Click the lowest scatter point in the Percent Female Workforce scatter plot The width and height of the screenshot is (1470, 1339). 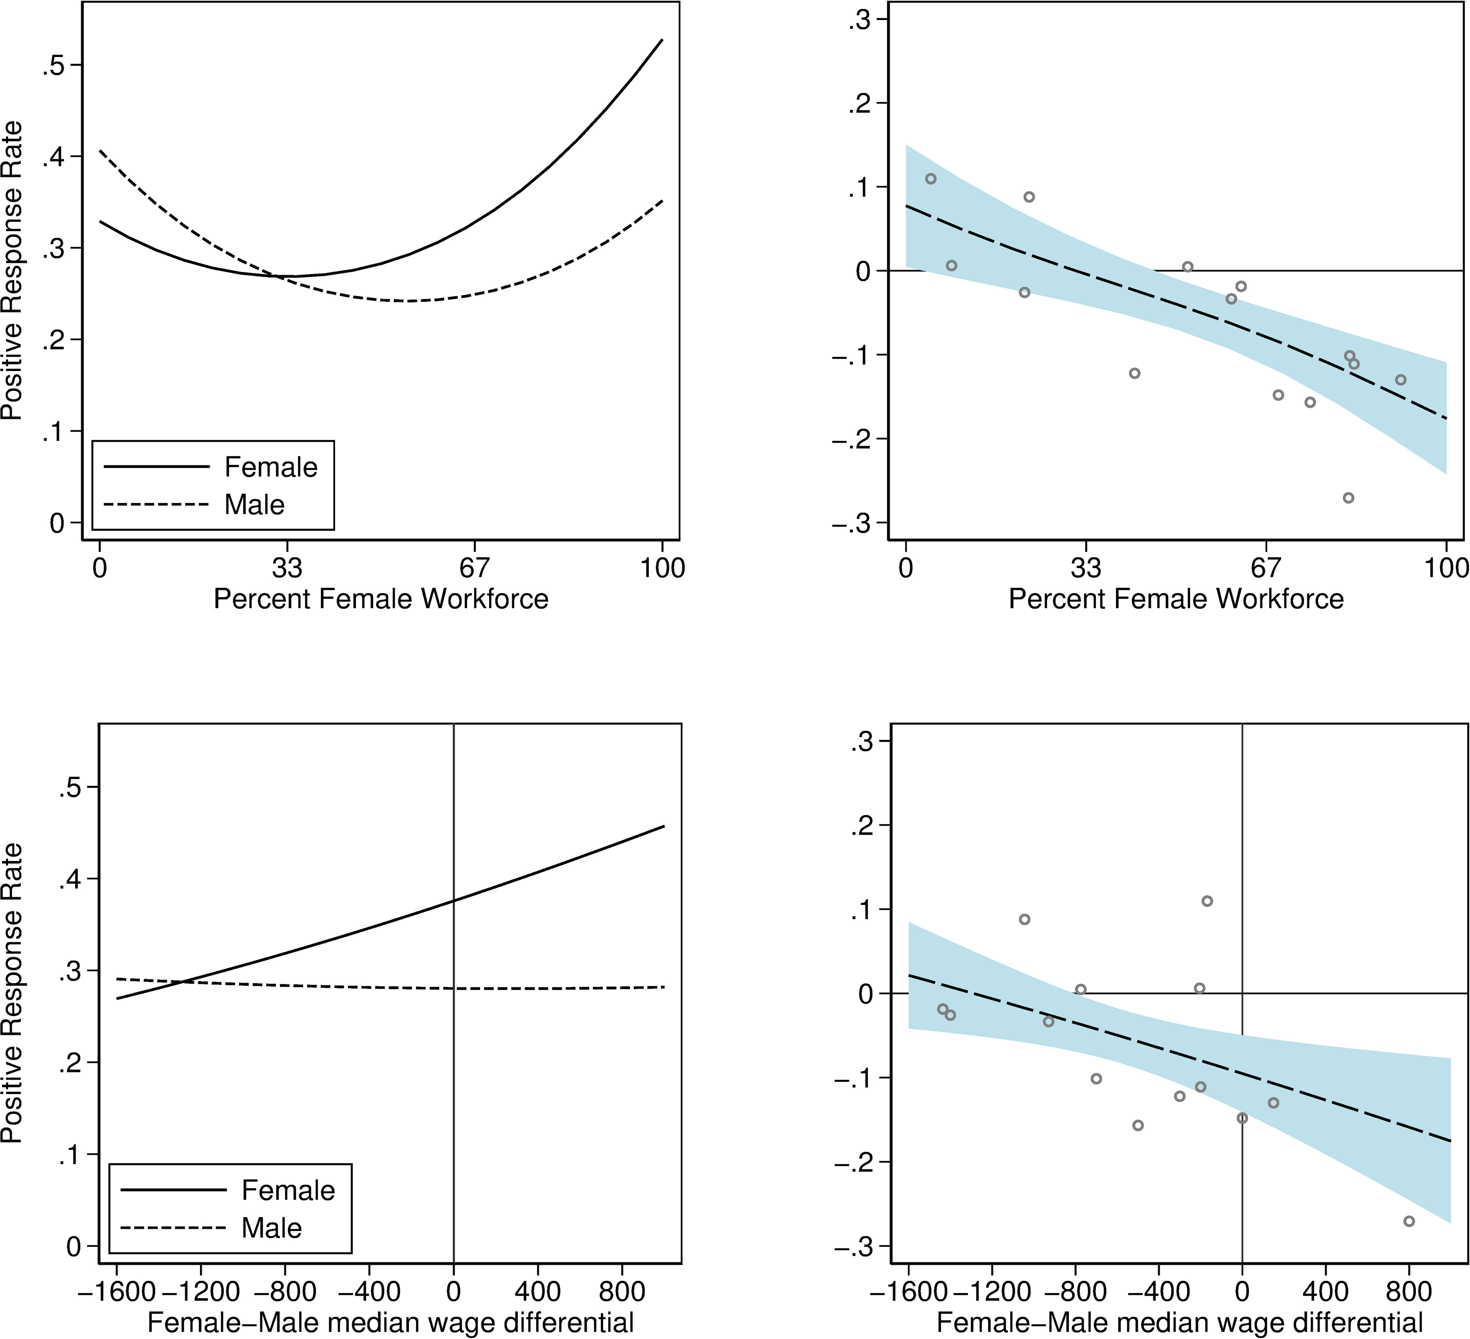click(1348, 497)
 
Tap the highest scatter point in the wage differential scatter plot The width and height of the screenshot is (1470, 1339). click(1207, 901)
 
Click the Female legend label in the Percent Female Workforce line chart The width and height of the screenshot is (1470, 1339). click(271, 467)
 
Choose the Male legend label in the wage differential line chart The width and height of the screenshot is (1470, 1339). click(271, 1228)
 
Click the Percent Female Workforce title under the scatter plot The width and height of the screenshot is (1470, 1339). click(1176, 599)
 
